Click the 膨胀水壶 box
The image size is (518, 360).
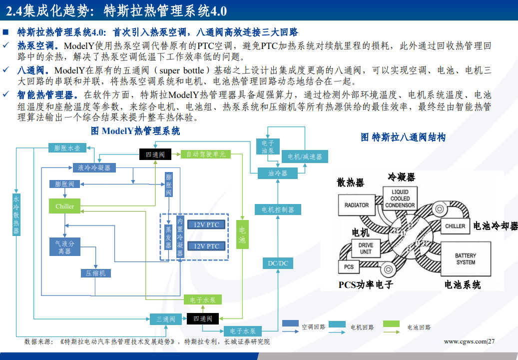click(70, 148)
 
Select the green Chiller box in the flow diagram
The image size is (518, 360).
click(64, 206)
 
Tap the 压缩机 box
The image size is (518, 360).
click(95, 273)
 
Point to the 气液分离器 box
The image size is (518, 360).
click(64, 247)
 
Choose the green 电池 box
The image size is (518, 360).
click(242, 235)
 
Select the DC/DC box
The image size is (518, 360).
click(278, 263)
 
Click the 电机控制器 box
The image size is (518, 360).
click(278, 209)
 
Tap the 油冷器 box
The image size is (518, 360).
click(278, 173)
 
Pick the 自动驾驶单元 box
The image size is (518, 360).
click(206, 154)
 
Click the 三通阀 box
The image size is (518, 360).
click(165, 318)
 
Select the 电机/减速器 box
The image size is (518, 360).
click(305, 156)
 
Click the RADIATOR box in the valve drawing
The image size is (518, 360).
click(357, 205)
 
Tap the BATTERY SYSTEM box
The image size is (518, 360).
click(465, 258)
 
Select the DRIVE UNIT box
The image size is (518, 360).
click(365, 248)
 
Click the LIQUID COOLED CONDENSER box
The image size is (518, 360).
click(400, 198)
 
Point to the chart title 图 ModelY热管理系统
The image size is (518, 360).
click(135, 131)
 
